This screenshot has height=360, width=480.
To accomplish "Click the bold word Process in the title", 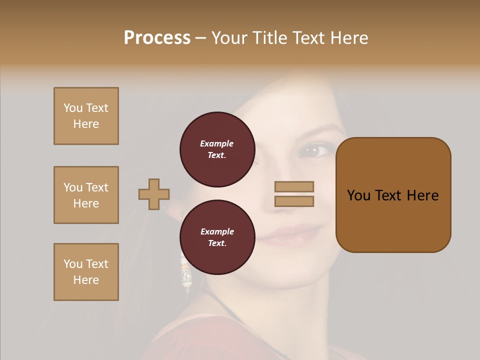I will pos(157,37).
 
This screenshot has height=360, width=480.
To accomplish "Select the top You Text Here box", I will pos(86,116).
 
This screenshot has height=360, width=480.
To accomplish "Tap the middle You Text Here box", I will pos(86,195).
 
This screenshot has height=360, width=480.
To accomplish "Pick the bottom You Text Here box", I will pos(86,272).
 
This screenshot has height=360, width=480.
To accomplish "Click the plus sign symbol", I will pos(154,194).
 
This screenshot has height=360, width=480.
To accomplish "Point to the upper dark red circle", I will pos(217,149).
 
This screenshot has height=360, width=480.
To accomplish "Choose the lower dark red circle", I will pos(217,237).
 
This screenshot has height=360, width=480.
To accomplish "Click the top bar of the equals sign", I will pos(294,187).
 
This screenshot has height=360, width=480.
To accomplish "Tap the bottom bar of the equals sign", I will pos(294,201).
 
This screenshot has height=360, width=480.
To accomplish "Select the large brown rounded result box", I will pos(393,195).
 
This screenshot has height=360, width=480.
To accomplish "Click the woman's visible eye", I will pos(311,149).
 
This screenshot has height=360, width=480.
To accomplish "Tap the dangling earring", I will pos(186,272).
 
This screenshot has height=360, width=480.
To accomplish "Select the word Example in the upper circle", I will pos(216,143).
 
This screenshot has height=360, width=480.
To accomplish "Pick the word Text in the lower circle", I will pos(216,243).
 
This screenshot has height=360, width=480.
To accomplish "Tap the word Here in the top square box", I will pos(86,124).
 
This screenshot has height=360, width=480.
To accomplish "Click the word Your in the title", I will pos(230,37).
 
